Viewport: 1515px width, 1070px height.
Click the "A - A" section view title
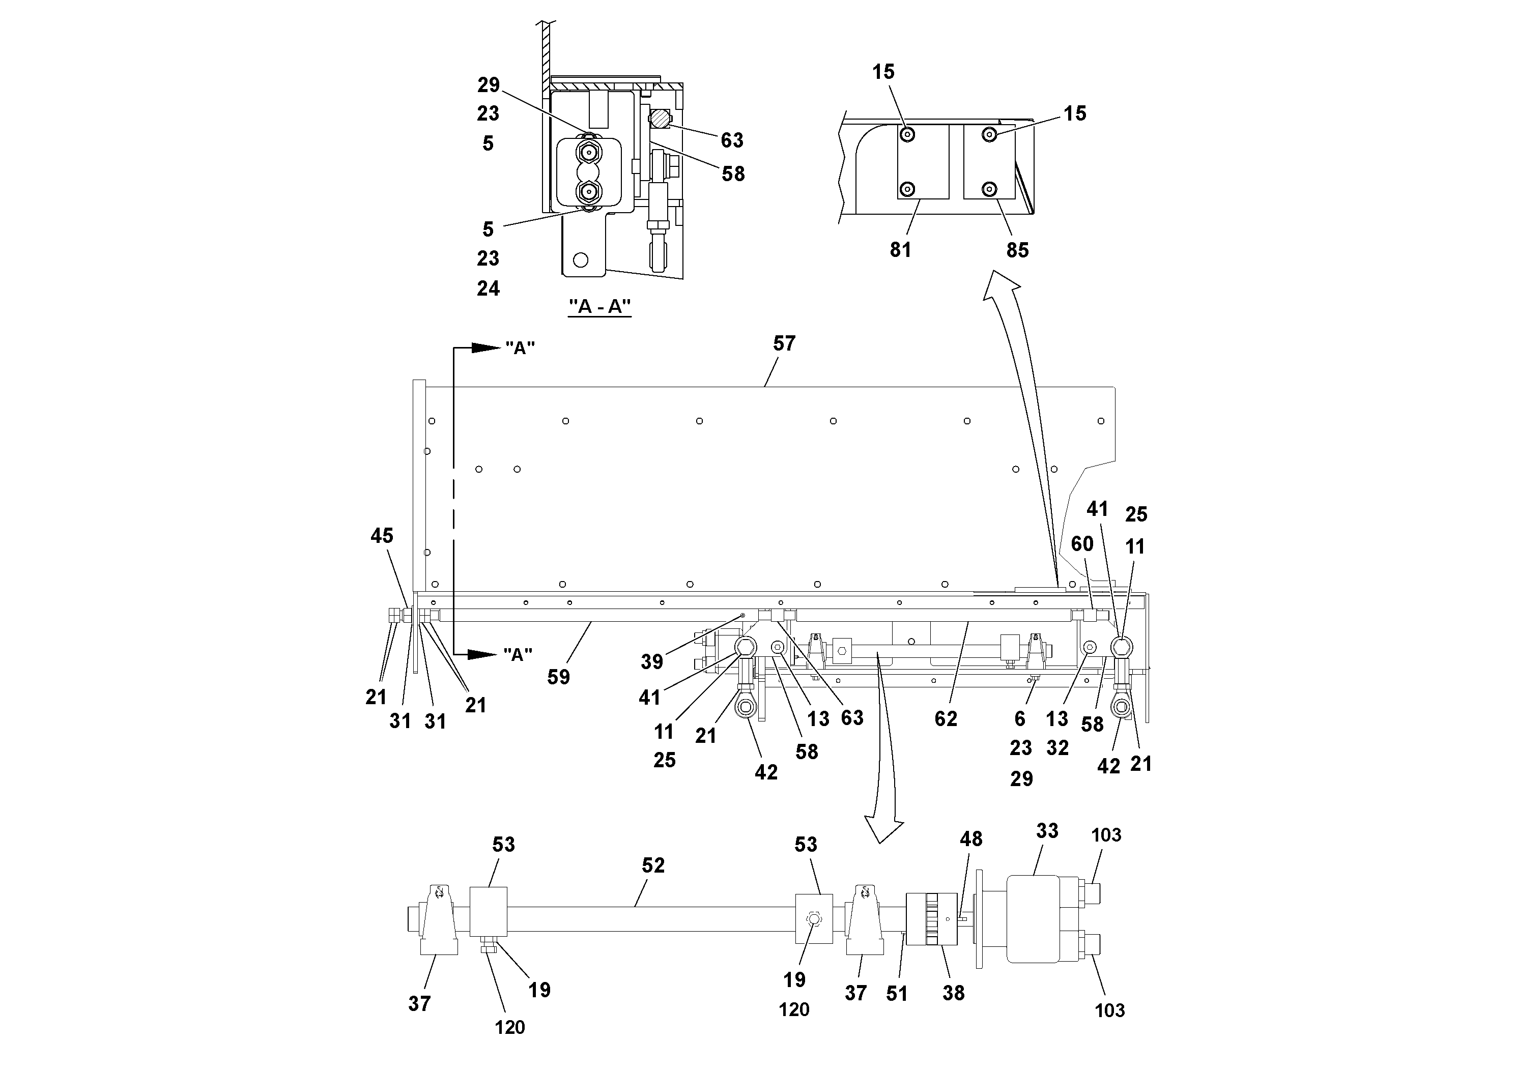click(600, 307)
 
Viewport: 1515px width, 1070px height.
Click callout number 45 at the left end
click(381, 536)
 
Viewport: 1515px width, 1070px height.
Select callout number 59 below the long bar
click(558, 677)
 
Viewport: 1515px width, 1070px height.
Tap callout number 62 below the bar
click(946, 719)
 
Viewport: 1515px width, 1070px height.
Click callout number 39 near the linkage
click(652, 661)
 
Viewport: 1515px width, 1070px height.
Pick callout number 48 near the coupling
click(970, 838)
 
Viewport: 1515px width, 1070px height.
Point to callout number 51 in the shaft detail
click(897, 994)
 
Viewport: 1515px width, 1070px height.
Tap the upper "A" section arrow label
click(520, 349)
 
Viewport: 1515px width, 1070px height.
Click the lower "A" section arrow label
click(518, 655)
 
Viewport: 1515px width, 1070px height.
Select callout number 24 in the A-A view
click(488, 288)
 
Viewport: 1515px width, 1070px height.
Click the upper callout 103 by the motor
click(1106, 835)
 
